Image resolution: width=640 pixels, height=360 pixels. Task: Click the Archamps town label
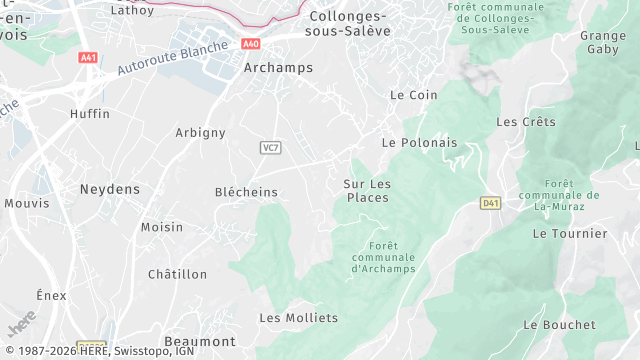point(278,68)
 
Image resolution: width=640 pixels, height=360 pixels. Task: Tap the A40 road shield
point(251,44)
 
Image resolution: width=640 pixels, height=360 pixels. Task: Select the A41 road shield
point(88,58)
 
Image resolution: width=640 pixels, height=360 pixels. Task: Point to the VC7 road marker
point(269,148)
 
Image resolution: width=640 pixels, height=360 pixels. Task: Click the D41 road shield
point(489,203)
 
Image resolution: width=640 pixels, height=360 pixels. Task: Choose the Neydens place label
point(110,189)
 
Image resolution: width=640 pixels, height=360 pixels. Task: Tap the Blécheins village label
point(246,192)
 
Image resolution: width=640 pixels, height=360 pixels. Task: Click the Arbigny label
point(200,133)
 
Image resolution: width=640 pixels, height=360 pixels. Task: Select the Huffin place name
point(90,114)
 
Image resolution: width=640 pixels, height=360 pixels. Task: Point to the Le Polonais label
point(419,143)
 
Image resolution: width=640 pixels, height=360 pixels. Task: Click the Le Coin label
point(414,95)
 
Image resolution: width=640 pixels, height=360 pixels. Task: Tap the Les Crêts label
point(525,122)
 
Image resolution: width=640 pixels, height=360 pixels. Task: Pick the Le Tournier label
point(570,234)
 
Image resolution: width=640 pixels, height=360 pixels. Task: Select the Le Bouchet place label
point(559,325)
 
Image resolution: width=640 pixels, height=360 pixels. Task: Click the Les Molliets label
point(298,318)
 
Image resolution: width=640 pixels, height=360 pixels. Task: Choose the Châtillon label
point(177,274)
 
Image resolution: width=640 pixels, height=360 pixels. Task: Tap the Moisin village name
point(162,227)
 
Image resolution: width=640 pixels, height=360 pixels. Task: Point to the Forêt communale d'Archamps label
point(383,257)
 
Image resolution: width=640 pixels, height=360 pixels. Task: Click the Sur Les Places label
point(367,190)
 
